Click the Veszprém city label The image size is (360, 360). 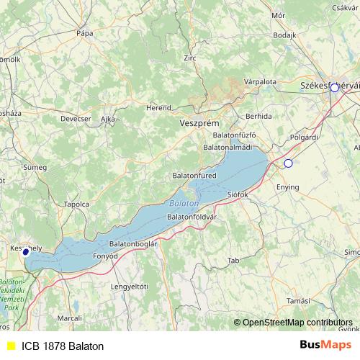tap(198, 124)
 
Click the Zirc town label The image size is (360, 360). tap(190, 58)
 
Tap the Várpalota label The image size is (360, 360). tap(260, 82)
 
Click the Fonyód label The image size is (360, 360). tap(105, 256)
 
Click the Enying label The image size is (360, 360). tap(287, 187)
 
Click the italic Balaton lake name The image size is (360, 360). tap(185, 204)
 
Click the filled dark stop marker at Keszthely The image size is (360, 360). tap(26, 252)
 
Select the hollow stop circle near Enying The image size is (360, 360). tap(288, 163)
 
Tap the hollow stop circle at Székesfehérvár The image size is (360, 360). tap(334, 88)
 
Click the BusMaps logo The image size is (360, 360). tap(325, 346)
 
